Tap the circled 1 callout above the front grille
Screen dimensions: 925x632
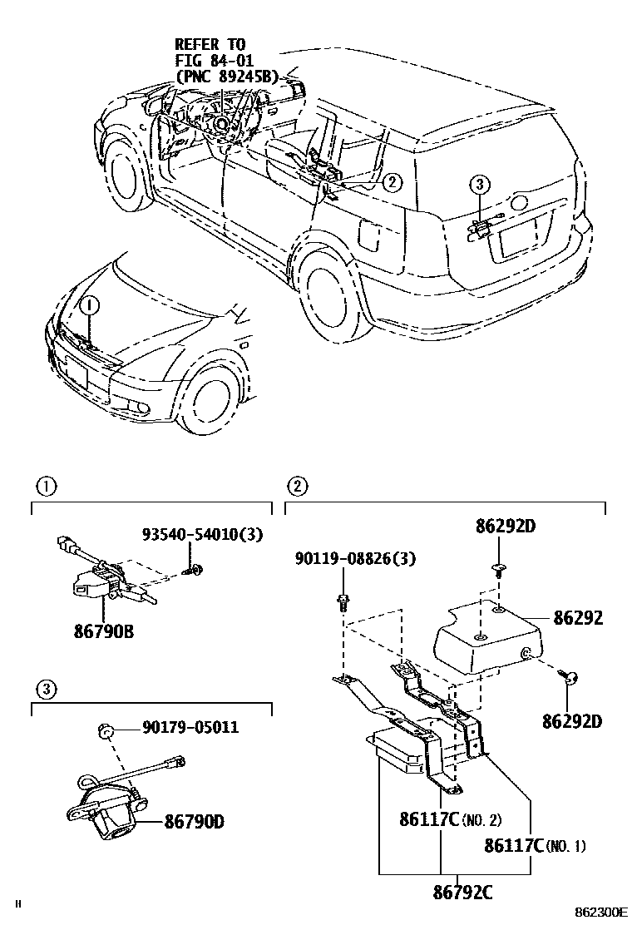coord(89,305)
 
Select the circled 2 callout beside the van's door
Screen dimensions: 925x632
coord(393,181)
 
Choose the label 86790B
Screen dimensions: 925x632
coord(103,631)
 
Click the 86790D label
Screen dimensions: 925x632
coord(195,824)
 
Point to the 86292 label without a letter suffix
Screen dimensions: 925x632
coord(580,619)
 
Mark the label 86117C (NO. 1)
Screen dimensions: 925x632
coord(534,846)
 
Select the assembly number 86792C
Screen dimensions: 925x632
coord(462,893)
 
